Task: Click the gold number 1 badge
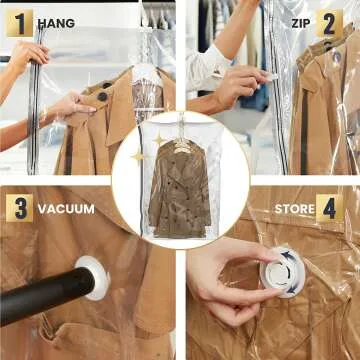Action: (19, 22)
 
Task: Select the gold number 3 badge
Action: (19, 208)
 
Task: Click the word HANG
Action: (56, 22)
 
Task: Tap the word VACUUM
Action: (66, 209)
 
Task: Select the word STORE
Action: (294, 209)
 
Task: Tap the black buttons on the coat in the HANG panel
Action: (104, 97)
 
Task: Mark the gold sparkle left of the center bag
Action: (138, 157)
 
